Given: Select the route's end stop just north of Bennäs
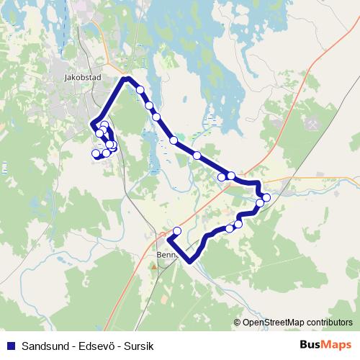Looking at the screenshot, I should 178,231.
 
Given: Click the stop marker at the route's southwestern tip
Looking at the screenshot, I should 94,153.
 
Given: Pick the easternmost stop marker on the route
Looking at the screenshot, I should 266,197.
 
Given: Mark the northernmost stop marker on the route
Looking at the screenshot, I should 140,90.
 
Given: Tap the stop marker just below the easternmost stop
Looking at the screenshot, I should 261,203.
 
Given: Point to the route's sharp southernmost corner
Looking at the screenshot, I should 190,261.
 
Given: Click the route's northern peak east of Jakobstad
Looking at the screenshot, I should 127,78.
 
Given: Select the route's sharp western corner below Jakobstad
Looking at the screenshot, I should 92,127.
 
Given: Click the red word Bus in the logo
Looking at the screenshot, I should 310,345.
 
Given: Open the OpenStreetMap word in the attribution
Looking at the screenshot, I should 272,323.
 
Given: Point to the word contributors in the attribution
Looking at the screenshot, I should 328,323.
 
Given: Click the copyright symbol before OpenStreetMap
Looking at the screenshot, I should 238,323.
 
